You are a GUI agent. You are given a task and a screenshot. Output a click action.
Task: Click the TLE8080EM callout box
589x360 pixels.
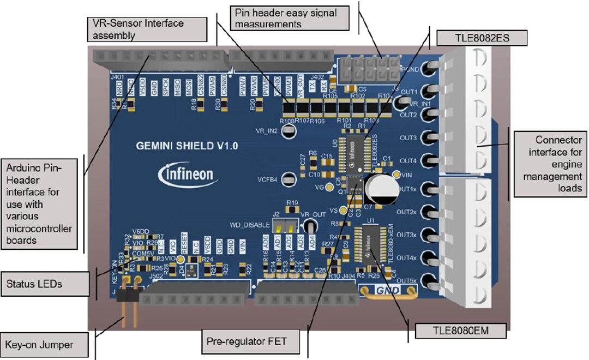460,330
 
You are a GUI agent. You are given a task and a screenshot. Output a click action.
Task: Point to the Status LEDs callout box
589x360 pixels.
44,284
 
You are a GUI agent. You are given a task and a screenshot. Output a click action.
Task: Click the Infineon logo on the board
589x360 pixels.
188,175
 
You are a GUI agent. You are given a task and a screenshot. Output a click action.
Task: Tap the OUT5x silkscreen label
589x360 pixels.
407,280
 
